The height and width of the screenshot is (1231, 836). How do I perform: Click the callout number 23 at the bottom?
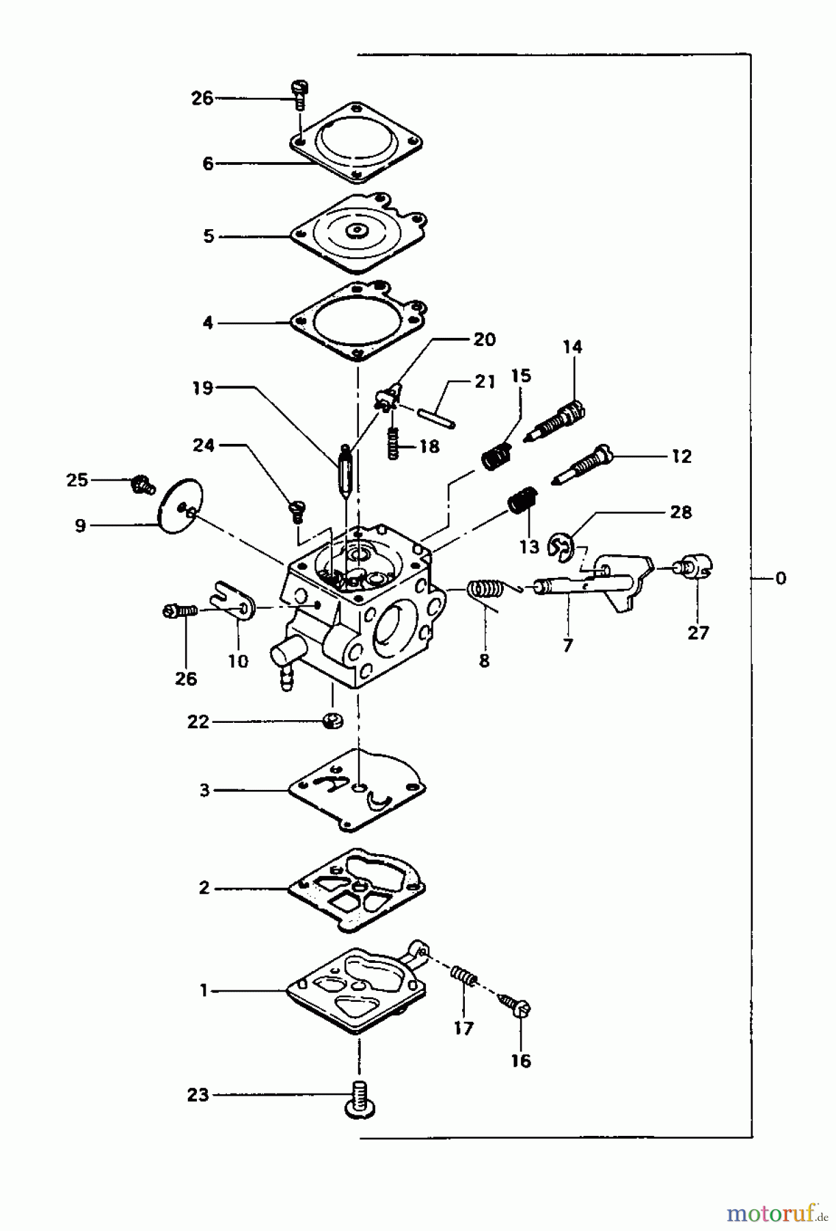click(198, 1095)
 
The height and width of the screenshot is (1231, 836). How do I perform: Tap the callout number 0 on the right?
click(780, 579)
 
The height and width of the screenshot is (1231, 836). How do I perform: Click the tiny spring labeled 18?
click(392, 443)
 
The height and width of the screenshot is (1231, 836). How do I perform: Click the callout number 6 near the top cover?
click(208, 163)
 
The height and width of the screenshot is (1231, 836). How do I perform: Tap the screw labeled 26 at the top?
click(299, 94)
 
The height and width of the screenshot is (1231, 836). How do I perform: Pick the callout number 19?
click(203, 388)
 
